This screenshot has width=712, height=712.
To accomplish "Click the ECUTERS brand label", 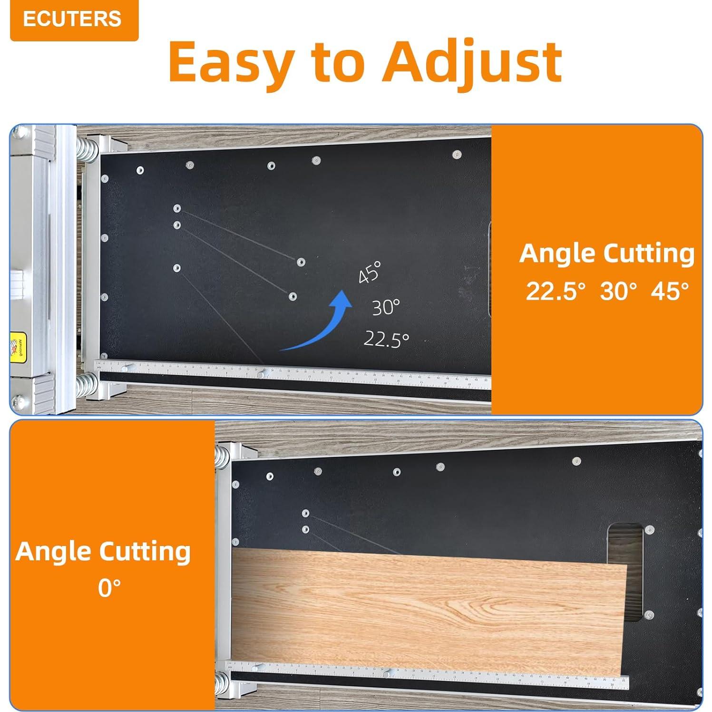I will click(x=72, y=20).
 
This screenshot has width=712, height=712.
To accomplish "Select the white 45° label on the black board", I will click(x=370, y=273).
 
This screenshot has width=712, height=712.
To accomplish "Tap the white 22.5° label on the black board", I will click(x=386, y=339).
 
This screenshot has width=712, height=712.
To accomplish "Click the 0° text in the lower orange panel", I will click(x=109, y=588).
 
